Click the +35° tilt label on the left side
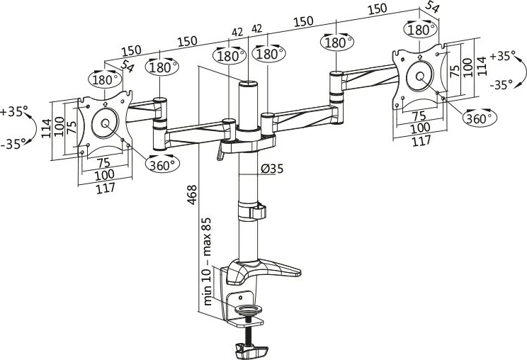coord(14,112)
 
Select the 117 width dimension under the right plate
coord(421,141)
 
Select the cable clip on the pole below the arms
coord(253,210)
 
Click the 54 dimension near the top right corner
coord(431,9)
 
